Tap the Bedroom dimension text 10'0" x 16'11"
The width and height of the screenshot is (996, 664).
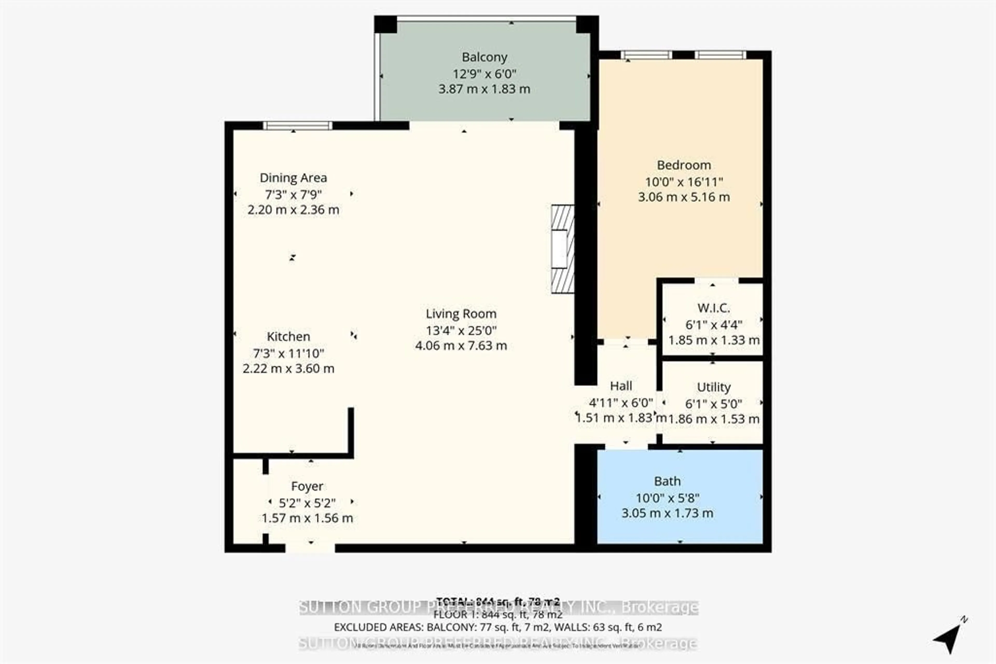click(x=684, y=182)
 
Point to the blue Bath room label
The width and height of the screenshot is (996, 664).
click(x=667, y=482)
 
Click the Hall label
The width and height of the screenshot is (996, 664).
click(x=621, y=386)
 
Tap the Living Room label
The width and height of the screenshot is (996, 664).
click(x=461, y=314)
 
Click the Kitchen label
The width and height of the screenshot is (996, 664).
click(x=288, y=337)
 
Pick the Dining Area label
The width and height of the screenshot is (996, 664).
click(x=293, y=178)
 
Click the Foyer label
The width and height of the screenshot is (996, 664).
click(x=307, y=486)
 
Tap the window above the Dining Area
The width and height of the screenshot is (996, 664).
click(x=298, y=125)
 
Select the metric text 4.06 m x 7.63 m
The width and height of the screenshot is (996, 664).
click(x=461, y=345)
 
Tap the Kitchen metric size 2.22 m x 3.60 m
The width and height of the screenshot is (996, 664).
click(x=288, y=368)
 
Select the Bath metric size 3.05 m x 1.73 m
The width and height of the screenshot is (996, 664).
click(x=667, y=513)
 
